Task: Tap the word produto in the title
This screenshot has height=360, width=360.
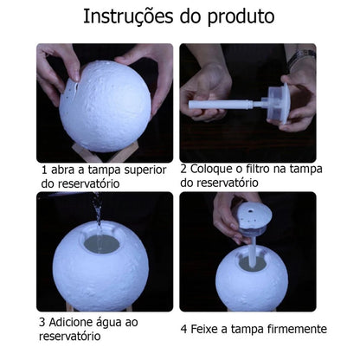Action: pos(241,17)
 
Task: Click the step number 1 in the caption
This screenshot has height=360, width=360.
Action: pos(44,170)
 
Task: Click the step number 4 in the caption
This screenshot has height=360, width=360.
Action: pos(185,329)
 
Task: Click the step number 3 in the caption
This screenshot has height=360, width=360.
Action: pos(43,320)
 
